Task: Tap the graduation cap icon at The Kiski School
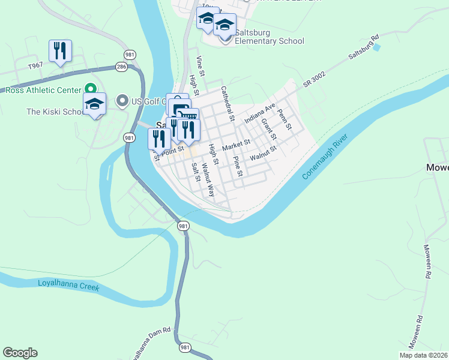(x=95, y=104)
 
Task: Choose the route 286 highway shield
(x=122, y=67)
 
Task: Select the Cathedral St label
(x=226, y=102)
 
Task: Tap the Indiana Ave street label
(x=259, y=112)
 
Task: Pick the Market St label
(x=236, y=145)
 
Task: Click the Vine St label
(x=201, y=66)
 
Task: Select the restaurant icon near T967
(x=60, y=51)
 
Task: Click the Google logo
(x=20, y=353)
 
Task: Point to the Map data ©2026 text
(x=423, y=355)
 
